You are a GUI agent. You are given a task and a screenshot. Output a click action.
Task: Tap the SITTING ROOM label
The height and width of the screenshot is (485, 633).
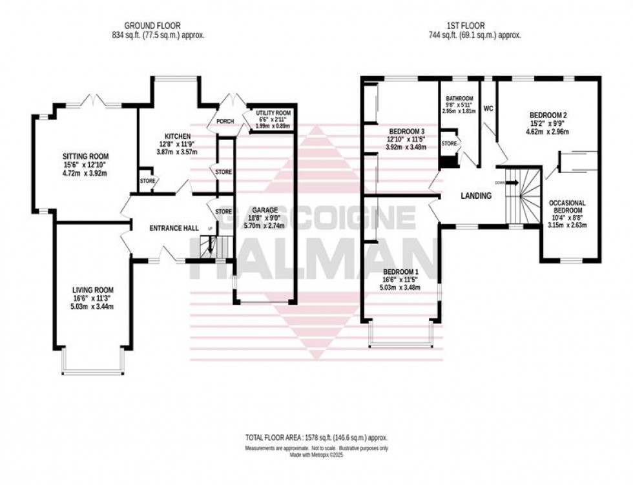click(85, 157)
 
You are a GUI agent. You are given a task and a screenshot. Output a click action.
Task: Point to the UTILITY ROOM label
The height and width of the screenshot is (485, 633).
click(273, 113)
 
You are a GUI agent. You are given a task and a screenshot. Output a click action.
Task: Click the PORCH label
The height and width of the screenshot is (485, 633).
click(225, 121)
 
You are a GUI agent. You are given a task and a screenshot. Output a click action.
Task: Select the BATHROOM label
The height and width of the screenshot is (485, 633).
click(459, 97)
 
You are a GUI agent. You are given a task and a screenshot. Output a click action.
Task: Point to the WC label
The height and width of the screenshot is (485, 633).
click(488, 108)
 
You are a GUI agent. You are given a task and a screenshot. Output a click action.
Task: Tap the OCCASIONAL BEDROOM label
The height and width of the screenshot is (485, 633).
click(566, 206)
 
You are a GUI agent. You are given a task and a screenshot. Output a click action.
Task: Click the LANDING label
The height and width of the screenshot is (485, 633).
click(477, 196)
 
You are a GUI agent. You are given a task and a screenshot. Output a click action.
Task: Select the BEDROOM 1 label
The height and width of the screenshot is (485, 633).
click(400, 271)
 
